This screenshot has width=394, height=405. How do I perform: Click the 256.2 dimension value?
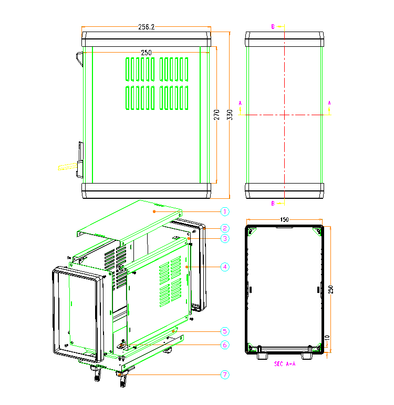[146, 27]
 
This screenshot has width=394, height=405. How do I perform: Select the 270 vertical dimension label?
[216, 115]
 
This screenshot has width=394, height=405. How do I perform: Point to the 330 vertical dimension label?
[230, 115]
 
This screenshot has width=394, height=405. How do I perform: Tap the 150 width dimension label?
[284, 219]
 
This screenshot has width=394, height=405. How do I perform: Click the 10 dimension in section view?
[327, 338]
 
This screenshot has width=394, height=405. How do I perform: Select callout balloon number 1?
[225, 211]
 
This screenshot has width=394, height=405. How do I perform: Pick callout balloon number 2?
[225, 228]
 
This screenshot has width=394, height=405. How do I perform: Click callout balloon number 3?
[225, 238]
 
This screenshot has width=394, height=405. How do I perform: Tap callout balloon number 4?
[225, 267]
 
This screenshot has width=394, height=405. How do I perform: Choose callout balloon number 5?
[225, 331]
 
